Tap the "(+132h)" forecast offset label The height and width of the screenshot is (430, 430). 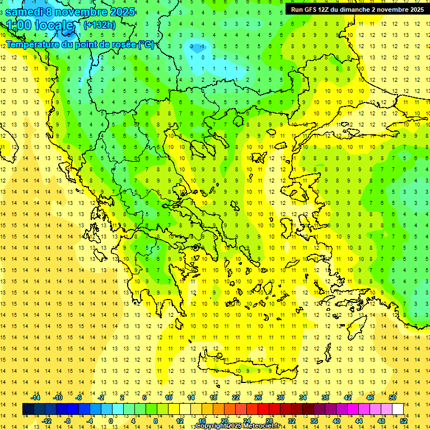coord(100,25)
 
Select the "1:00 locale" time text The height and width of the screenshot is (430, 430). coord(40,26)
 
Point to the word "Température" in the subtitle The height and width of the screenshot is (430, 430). coord(34,44)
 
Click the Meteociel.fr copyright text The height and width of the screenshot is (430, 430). coord(239,426)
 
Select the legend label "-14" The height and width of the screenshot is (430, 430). coord(36,398)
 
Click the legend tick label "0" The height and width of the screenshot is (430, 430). coord(111,421)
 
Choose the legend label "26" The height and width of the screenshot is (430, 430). coord(258,398)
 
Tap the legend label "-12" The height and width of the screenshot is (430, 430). coord(47,421)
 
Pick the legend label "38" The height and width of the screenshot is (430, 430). coord(325,398)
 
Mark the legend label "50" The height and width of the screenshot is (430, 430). coord(392,398)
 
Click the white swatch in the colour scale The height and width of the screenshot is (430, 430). coord(398,409)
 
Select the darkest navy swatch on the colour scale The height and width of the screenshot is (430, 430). coord(28,409)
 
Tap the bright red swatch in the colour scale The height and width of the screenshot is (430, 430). coord(264,409)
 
